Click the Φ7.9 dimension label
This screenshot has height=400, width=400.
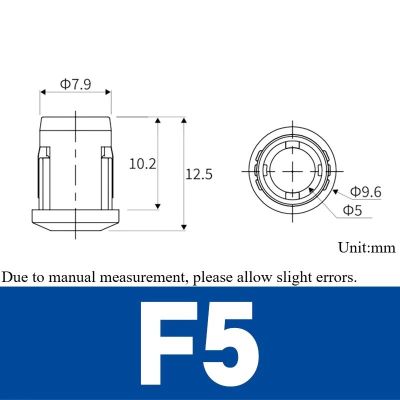point(75,84)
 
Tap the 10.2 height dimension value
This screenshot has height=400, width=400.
point(142,164)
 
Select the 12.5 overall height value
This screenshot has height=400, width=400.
point(198,174)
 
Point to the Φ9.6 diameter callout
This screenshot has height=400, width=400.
point(366,192)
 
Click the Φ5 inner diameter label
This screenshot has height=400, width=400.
point(352,210)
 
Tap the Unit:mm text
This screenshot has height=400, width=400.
point(366,247)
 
